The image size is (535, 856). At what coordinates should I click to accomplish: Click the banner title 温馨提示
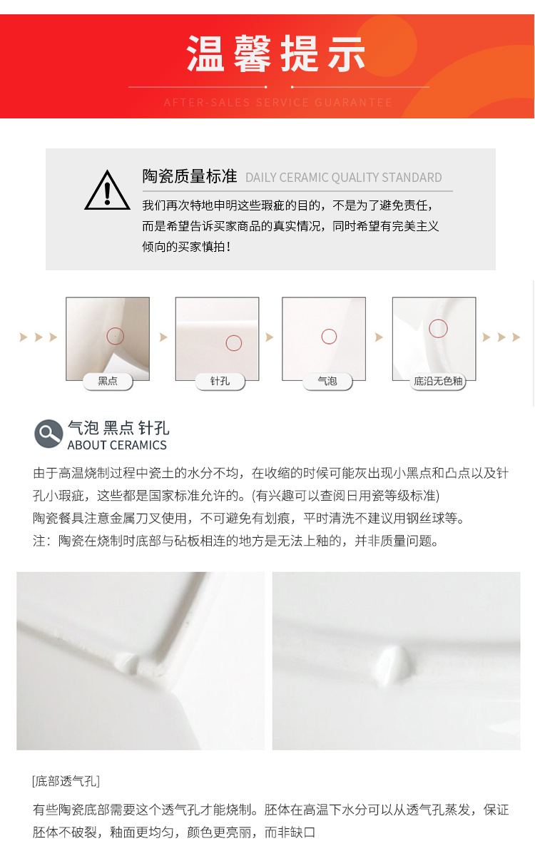coord(277,54)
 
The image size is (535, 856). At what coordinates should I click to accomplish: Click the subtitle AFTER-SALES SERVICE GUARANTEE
coord(278,103)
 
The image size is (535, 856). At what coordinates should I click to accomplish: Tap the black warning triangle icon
coord(107,190)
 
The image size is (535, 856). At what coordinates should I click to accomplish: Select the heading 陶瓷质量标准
coord(189,176)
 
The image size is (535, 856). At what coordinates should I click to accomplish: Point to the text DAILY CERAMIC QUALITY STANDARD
coord(343,178)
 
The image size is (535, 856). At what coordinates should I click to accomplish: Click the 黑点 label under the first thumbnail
coord(108,381)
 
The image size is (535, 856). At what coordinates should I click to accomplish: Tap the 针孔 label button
coord(220,381)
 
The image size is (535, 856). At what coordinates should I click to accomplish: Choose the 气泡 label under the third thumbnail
coord(327,381)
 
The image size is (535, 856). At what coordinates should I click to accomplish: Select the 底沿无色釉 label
coord(438,381)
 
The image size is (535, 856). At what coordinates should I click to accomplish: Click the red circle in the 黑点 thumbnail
coord(115,335)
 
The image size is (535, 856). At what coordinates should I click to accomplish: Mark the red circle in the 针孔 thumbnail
coord(234,343)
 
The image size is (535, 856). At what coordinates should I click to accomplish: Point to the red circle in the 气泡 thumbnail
coord(329,336)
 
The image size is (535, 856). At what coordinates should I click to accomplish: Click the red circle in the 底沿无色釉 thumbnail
coord(438,329)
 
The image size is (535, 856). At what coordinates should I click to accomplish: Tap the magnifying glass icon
coord(49,434)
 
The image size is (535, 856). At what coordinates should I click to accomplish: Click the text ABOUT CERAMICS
coord(117,445)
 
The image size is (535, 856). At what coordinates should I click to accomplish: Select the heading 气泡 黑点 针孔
coord(118,428)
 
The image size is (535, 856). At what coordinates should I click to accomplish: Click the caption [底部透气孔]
coord(66,781)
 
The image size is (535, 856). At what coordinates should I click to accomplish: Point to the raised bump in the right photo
coord(390,663)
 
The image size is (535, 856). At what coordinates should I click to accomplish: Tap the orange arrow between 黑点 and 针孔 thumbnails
coord(163,337)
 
